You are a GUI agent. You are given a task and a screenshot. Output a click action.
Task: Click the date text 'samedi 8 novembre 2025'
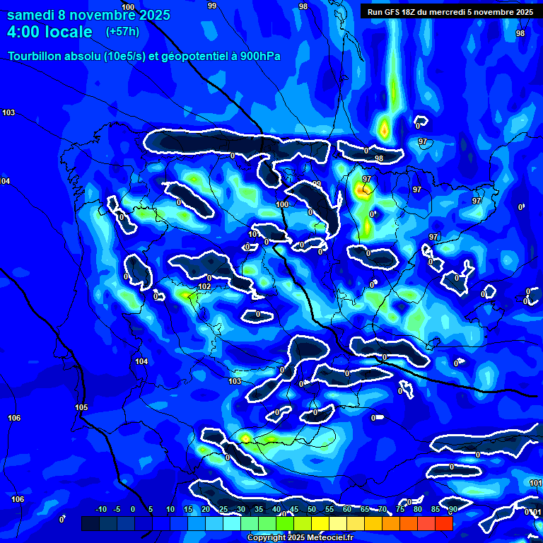pos(88,15)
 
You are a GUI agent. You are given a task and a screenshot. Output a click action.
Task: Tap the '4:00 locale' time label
pos(49,32)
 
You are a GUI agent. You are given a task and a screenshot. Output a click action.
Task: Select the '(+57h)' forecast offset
pos(122,32)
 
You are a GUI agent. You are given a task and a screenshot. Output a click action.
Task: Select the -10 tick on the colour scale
pos(100,509)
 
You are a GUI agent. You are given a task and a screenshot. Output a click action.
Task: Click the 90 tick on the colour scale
pos(452,509)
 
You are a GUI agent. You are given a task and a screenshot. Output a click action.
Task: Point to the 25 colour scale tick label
pos(223,509)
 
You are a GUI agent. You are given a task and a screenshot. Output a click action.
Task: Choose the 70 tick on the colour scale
pos(382,509)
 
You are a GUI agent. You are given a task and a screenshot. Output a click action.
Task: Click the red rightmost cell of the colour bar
pos(443,523)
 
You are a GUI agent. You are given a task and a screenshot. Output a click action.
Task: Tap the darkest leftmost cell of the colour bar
pos(90,523)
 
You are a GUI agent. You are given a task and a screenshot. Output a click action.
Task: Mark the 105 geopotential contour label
pos(81,407)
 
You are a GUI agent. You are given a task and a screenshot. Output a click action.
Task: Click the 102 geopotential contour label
pos(204,286)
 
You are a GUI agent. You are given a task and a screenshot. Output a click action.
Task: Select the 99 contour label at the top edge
pos(212,6)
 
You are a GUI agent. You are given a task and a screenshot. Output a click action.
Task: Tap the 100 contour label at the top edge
pos(128,6)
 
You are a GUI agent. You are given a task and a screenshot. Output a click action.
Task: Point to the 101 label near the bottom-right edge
pos(535,483)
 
